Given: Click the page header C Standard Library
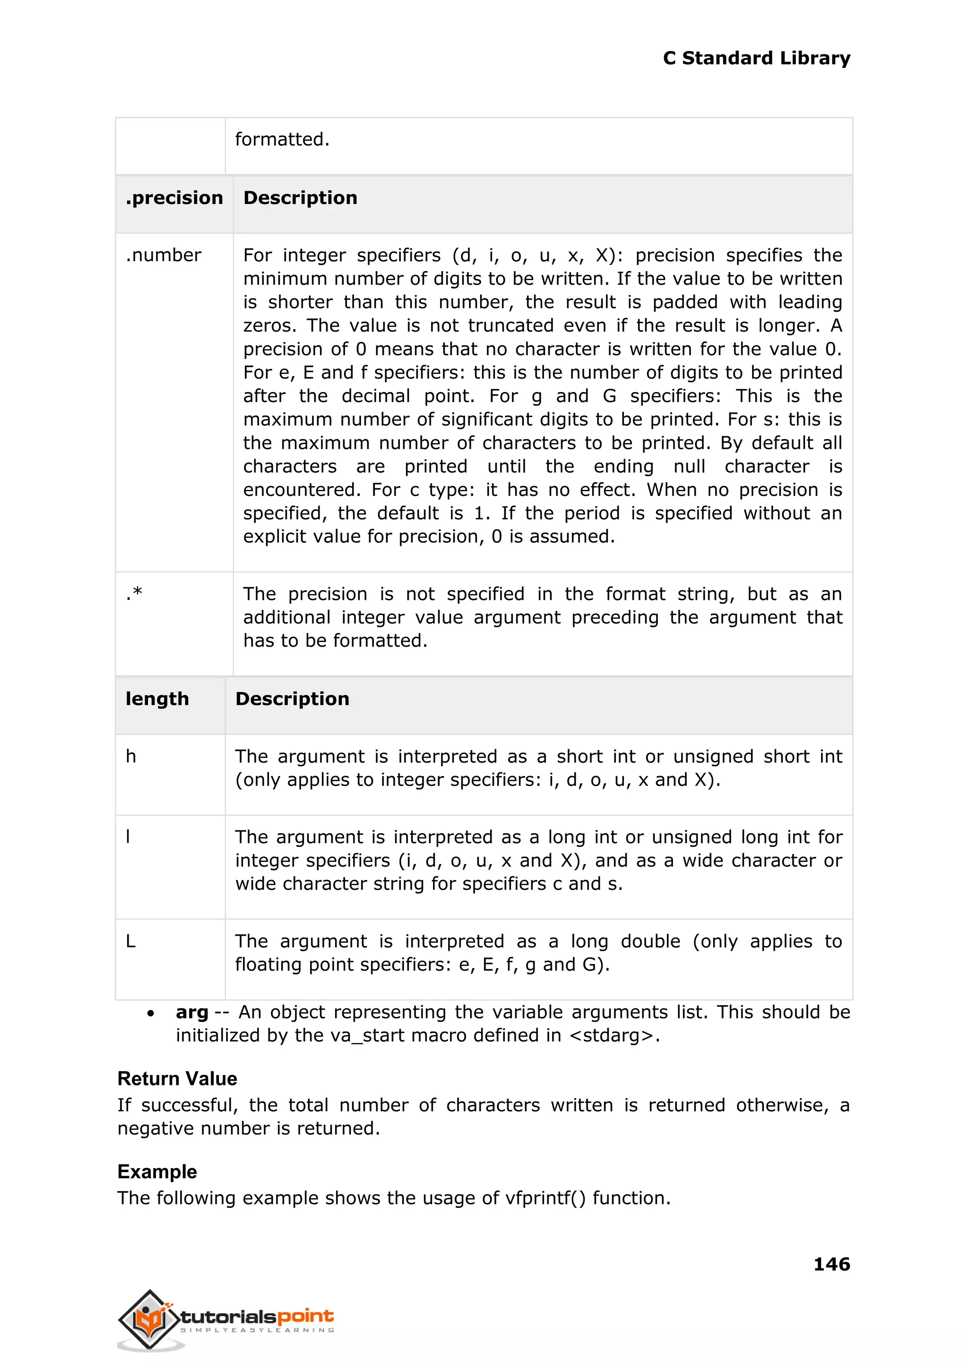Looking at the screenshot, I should coord(756,59).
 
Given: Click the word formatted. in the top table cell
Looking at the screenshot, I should coord(282,139).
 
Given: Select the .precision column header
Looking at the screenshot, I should coord(174,198).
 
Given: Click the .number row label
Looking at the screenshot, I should coord(164,256).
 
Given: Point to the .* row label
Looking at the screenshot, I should coord(134,593).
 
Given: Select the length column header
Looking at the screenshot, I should coord(157,699).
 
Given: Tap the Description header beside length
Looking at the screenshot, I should coord(292,699).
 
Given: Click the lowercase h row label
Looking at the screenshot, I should coord(130,756).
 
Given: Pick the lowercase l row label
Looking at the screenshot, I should coord(128,837).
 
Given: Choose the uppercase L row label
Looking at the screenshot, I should coord(130,941).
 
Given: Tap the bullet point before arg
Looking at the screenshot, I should coord(151,1013).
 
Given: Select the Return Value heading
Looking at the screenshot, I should coord(177,1079).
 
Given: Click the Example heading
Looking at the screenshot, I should coord(157,1171).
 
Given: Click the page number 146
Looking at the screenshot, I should coord(831,1264).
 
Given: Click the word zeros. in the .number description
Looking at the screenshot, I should coord(269,326).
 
